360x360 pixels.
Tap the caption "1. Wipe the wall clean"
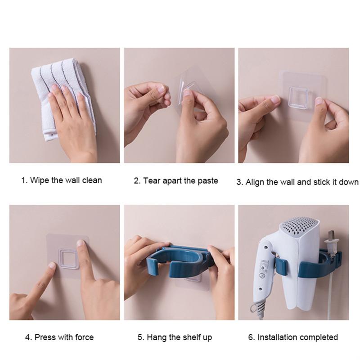62,180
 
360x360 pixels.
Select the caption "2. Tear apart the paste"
176,181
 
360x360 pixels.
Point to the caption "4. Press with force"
59,337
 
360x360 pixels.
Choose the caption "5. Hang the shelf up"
175,337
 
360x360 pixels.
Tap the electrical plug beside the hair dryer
331,243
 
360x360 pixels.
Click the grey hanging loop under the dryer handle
253,307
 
